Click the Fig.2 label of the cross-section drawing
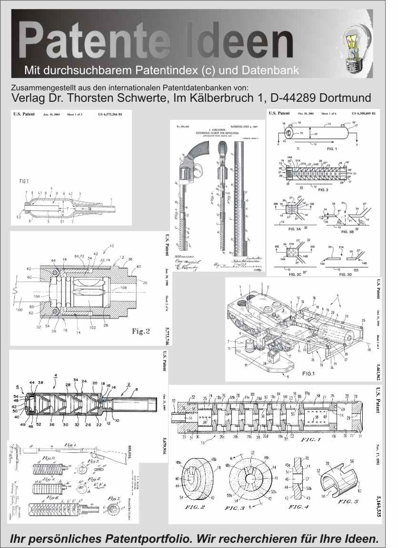(x=141, y=332)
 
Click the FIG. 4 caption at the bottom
(x=298, y=507)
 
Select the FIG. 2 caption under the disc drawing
(x=195, y=507)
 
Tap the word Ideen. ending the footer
(x=357, y=539)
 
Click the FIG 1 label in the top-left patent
(x=25, y=181)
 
